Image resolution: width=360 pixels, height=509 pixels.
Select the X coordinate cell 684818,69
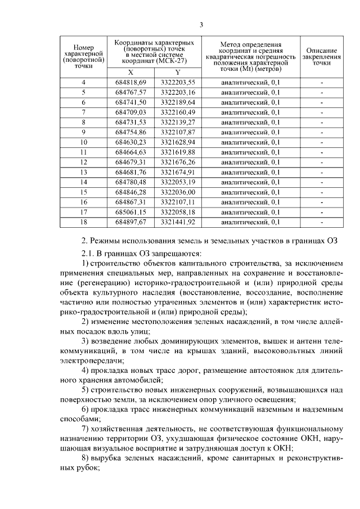click(130, 82)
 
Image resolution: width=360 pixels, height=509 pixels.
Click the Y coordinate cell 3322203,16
click(178, 92)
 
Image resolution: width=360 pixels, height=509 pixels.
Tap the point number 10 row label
click(84, 142)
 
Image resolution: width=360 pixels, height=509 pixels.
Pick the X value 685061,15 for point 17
click(130, 212)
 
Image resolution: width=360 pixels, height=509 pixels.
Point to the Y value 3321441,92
click(178, 222)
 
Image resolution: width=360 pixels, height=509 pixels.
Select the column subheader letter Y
click(178, 73)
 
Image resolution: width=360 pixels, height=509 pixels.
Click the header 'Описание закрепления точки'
click(321, 57)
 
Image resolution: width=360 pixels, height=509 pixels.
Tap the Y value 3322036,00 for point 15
click(178, 192)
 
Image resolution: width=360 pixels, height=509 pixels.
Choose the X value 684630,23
click(130, 142)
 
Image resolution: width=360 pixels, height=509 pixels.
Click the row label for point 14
click(84, 182)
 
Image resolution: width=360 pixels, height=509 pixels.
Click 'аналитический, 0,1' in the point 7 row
click(250, 112)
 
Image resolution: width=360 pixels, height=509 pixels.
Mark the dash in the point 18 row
click(321, 222)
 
